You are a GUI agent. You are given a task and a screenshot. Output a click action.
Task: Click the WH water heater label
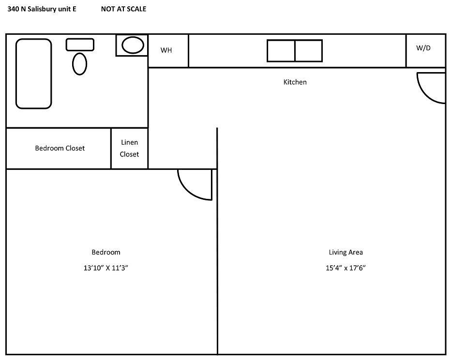[x=166, y=50]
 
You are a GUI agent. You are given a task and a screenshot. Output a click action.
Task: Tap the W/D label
[x=423, y=48]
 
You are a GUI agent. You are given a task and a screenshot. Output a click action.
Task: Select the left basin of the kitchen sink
[x=281, y=51]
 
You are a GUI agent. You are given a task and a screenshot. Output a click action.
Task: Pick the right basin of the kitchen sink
[x=309, y=51]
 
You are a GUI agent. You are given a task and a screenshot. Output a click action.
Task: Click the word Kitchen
[x=295, y=82]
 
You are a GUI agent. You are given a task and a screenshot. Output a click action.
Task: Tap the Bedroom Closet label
[x=60, y=148]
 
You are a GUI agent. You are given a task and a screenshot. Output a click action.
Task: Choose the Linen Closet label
[x=129, y=149]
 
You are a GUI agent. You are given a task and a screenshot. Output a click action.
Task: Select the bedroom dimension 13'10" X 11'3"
[x=106, y=268]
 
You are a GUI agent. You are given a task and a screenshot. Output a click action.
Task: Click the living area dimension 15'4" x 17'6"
[x=346, y=268]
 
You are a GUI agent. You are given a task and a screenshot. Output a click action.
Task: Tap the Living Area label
[x=346, y=253]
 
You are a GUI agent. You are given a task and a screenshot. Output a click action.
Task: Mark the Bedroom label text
[x=106, y=252]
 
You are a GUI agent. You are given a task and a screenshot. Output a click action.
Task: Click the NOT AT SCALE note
[x=124, y=9]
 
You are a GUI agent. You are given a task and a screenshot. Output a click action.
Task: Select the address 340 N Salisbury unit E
[x=42, y=9]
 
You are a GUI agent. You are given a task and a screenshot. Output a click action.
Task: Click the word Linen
[x=129, y=142]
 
